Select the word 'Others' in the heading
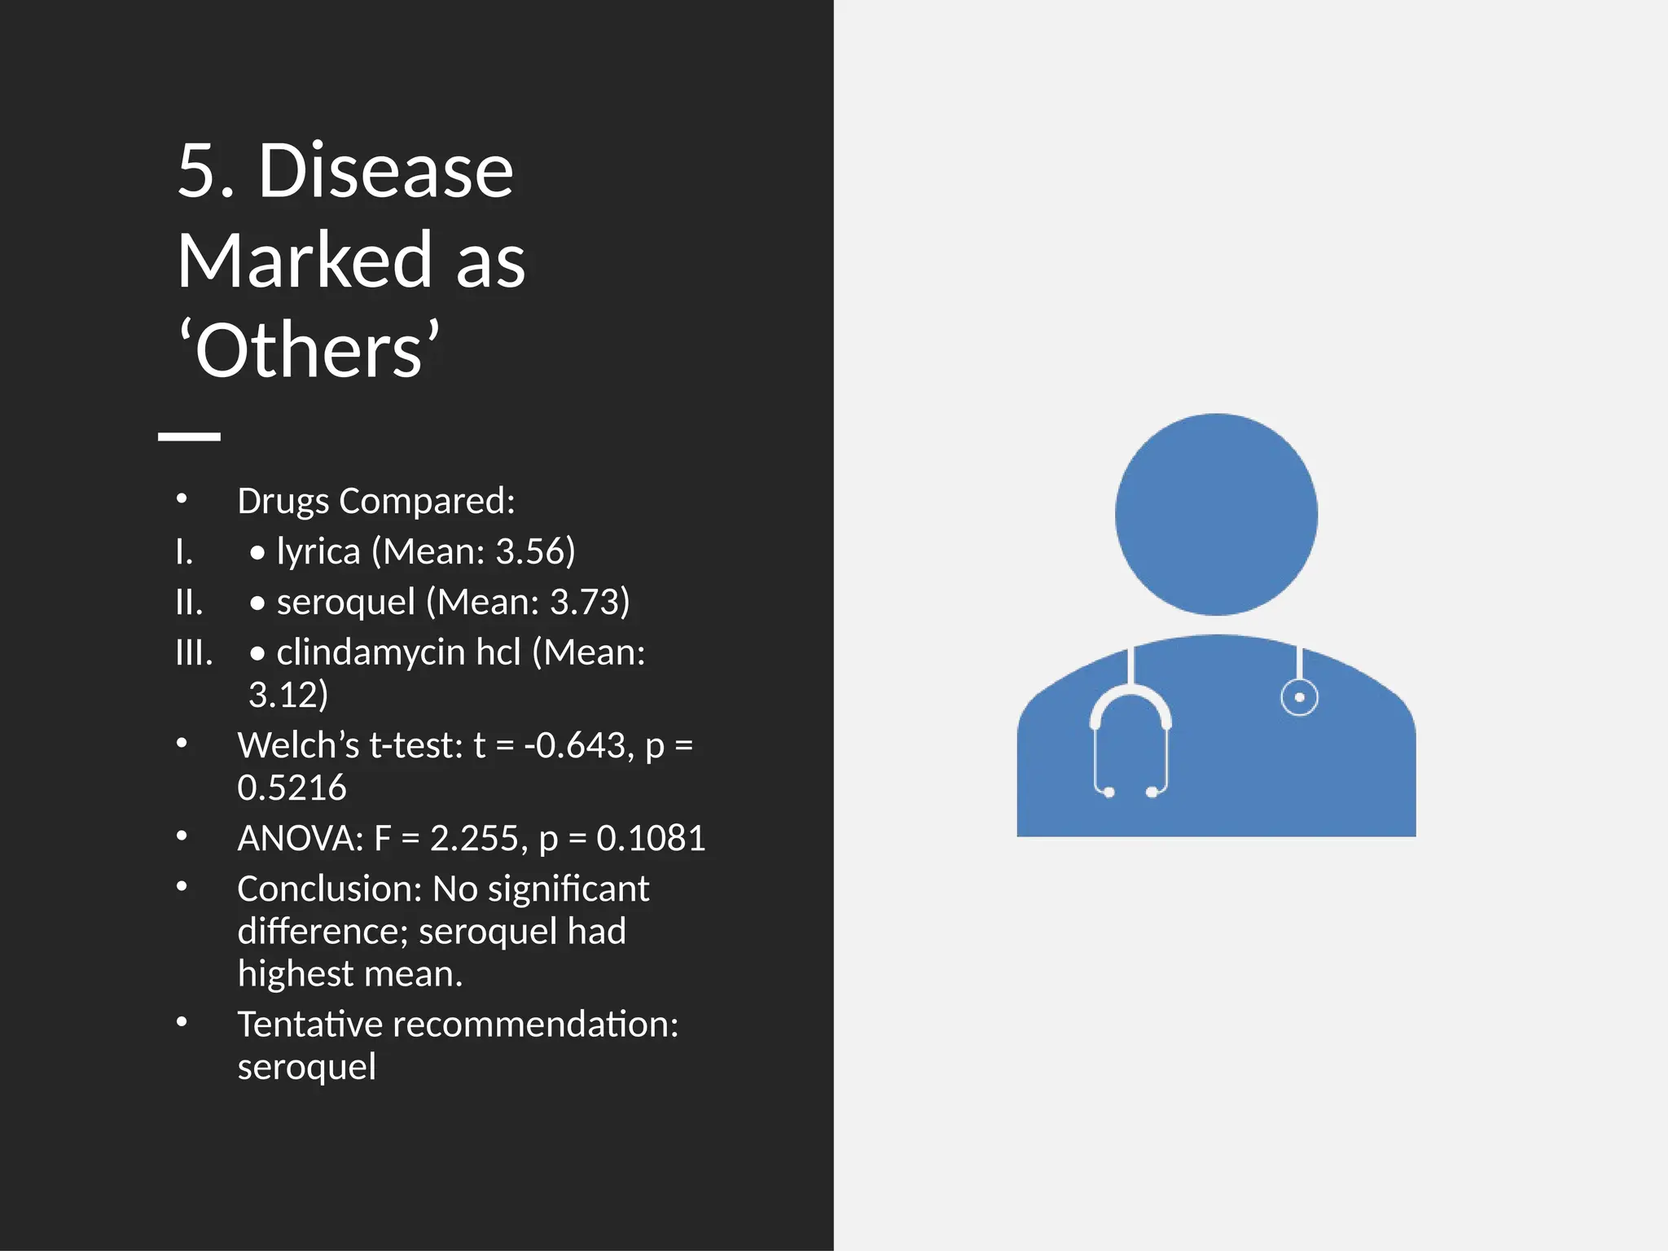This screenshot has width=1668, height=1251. [309, 350]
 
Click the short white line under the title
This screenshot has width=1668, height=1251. [189, 437]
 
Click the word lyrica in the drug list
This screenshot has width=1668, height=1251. [318, 551]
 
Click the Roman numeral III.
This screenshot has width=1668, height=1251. [194, 652]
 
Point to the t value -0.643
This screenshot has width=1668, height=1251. [577, 745]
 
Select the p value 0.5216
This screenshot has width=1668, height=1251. [292, 788]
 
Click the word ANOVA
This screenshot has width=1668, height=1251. [300, 838]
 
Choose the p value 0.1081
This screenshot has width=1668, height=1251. [651, 838]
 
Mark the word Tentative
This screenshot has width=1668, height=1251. [309, 1024]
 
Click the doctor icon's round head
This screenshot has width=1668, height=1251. [1216, 514]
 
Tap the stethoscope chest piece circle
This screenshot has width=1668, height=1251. [1299, 697]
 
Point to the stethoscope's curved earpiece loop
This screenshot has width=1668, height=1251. [1130, 702]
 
